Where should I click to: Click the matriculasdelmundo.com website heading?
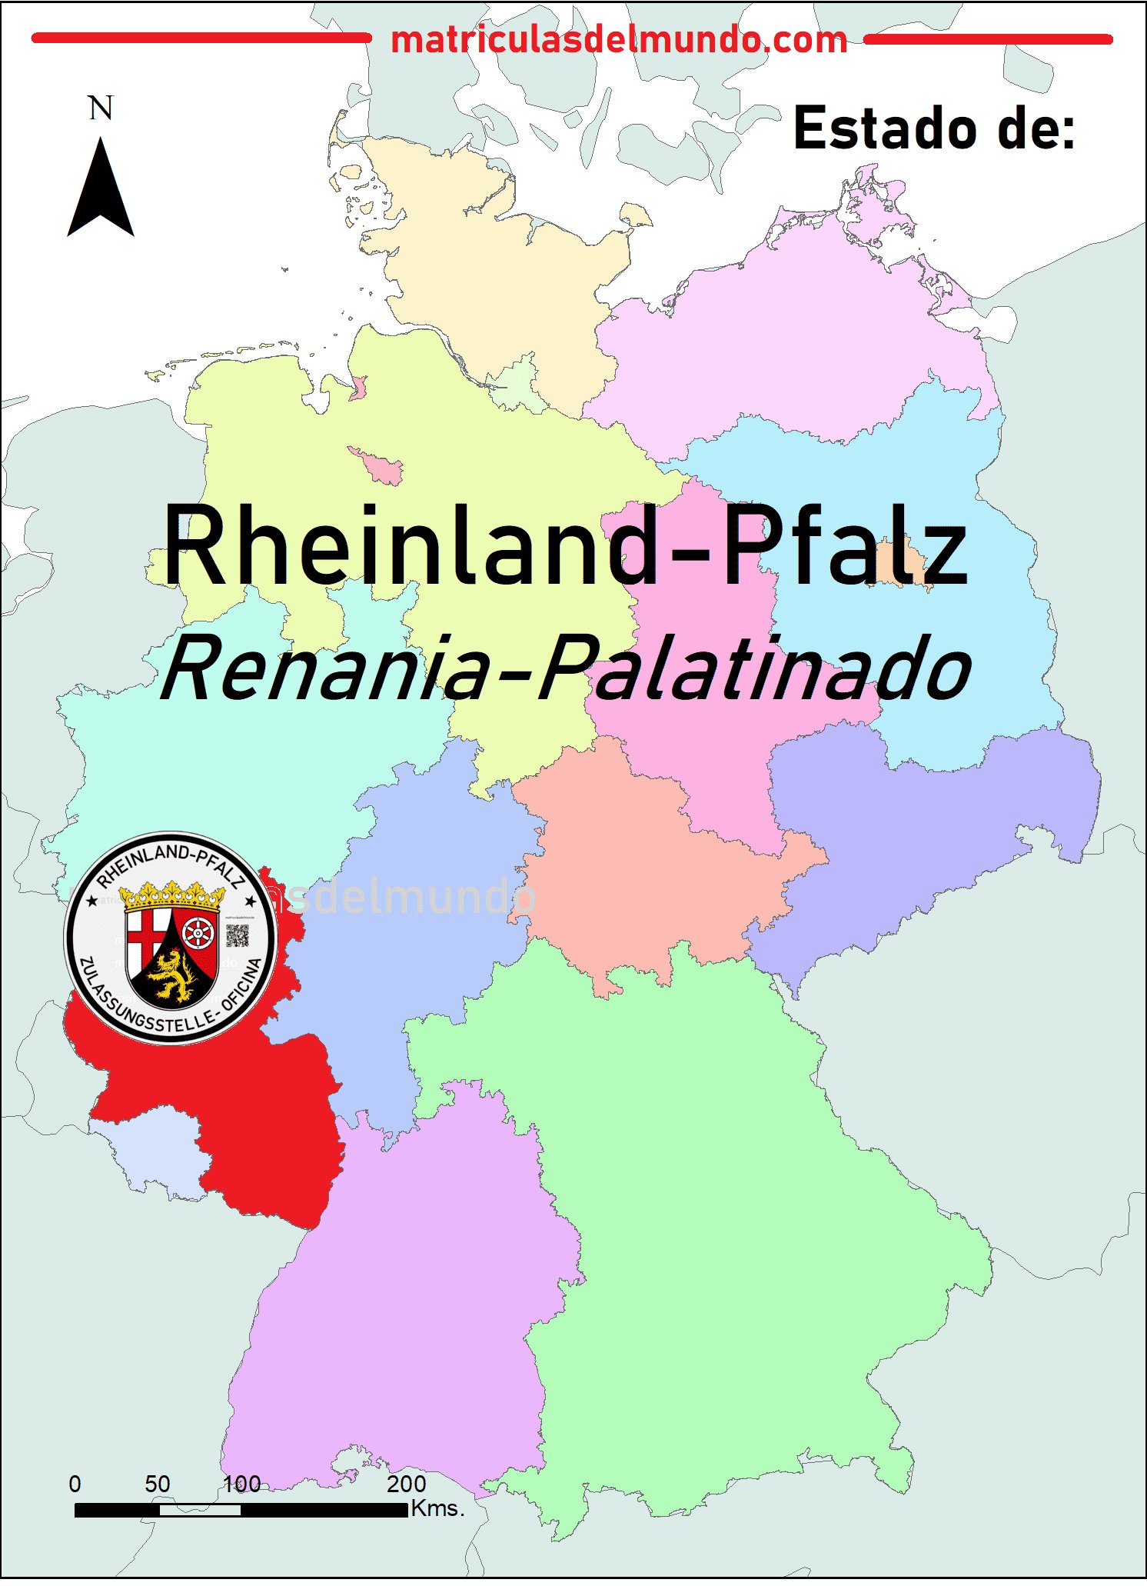(619, 39)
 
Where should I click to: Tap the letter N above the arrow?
(101, 108)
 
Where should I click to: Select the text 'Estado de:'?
(934, 128)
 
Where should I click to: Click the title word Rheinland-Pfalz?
(565, 546)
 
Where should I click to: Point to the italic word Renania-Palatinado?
(565, 669)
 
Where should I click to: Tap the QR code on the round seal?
(237, 935)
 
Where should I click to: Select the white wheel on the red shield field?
(198, 933)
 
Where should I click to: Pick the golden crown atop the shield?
(171, 895)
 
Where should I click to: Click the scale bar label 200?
(406, 1483)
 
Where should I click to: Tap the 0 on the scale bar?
(75, 1483)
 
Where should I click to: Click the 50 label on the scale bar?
(158, 1483)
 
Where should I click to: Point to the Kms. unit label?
(438, 1508)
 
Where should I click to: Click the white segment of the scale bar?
(200, 1510)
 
